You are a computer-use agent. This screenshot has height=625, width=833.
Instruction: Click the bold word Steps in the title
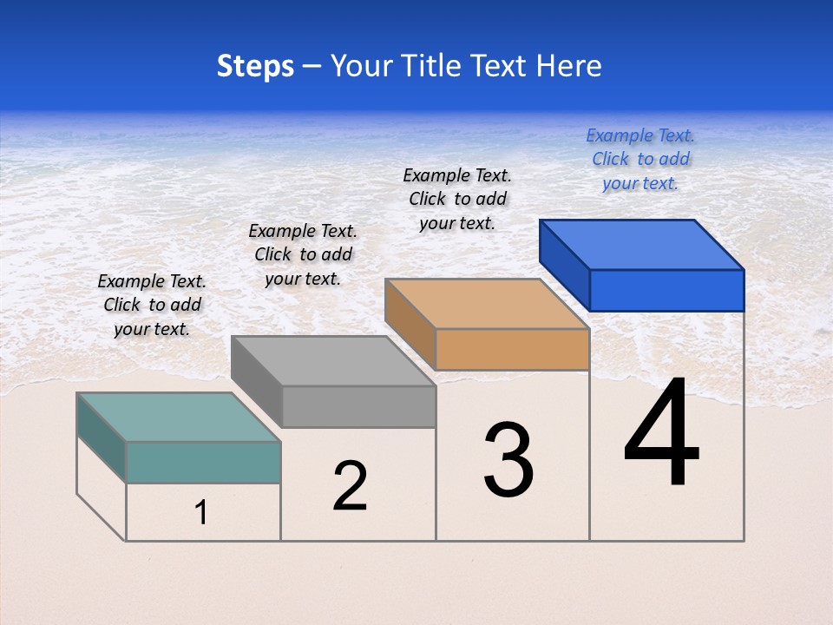255,66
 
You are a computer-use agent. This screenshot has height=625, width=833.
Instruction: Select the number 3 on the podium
508,460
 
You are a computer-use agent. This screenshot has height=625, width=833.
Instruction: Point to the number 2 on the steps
350,486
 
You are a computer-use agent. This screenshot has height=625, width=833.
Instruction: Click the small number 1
201,513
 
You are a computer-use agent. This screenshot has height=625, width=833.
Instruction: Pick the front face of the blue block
666,290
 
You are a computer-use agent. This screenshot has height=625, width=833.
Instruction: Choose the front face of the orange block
512,349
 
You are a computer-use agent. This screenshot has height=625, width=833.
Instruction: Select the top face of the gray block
333,360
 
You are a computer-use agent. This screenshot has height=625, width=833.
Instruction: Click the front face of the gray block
358,406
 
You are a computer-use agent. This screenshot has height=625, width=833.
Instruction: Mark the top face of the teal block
179,417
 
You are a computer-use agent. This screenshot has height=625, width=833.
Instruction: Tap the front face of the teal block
203,462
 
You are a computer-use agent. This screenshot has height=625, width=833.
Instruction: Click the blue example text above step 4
640,159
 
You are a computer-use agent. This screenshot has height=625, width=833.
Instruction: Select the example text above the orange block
457,199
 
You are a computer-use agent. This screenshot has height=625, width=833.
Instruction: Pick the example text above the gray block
303,254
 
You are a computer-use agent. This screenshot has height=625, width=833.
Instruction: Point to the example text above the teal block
152,305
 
